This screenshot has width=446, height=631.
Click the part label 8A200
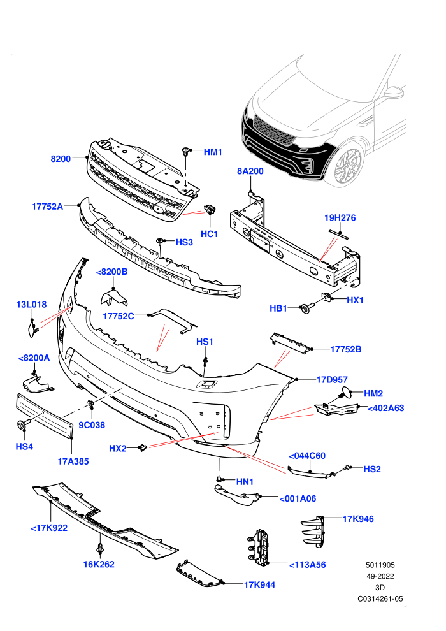(x=250, y=171)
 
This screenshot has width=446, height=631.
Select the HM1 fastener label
(x=213, y=152)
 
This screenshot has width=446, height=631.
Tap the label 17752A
(x=47, y=207)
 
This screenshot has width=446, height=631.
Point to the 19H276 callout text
(x=340, y=218)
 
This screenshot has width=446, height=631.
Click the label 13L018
(x=31, y=305)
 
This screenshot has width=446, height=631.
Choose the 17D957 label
(x=332, y=379)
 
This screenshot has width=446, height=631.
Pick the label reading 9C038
(x=92, y=425)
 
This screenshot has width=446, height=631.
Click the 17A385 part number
(x=73, y=461)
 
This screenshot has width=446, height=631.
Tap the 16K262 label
(x=99, y=564)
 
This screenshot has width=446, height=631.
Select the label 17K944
(x=259, y=584)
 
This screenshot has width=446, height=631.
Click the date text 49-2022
(x=380, y=576)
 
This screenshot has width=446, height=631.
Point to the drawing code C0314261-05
(x=380, y=598)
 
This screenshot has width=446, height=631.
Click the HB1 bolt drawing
(x=306, y=308)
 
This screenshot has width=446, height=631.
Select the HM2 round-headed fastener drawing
(x=345, y=392)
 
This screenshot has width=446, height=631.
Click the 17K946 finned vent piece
(x=313, y=531)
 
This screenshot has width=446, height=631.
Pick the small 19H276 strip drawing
(x=338, y=234)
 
